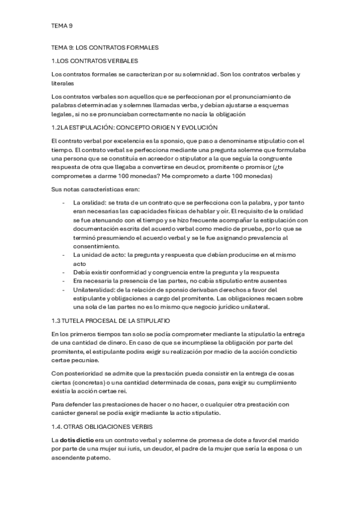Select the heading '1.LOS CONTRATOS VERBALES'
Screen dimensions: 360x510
pyautogui.click(x=95, y=61)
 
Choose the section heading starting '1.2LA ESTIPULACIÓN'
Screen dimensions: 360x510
pyautogui.click(x=135, y=127)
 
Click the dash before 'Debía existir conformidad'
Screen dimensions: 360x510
pyautogui.click(x=64, y=272)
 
